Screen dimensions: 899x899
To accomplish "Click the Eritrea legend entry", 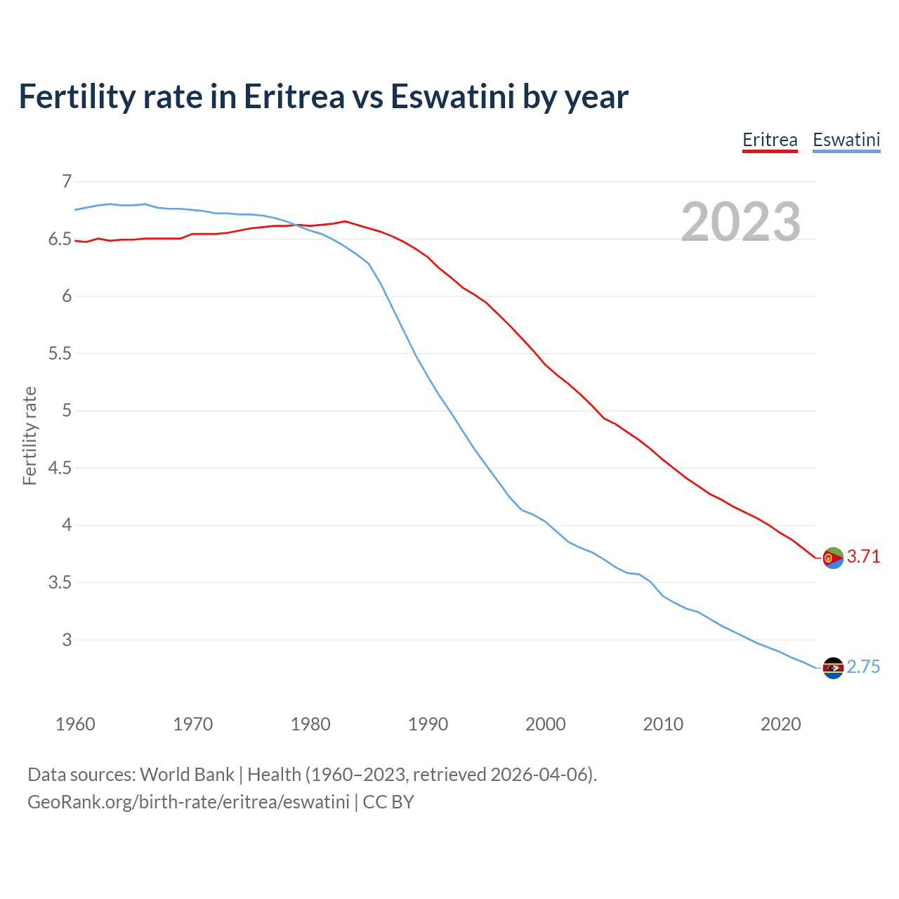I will click(770, 140).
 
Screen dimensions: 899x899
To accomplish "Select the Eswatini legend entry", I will click(846, 140).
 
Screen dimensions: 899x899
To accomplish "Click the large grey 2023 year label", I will click(740, 222).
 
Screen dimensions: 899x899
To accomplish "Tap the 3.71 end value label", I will click(863, 556).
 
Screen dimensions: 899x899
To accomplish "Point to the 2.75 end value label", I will click(863, 667).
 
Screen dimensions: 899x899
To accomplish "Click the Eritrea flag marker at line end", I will click(833, 558).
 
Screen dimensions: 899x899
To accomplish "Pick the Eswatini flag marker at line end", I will click(833, 668).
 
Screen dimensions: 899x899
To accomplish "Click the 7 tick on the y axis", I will click(67, 181).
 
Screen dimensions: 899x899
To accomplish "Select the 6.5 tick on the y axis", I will click(60, 239).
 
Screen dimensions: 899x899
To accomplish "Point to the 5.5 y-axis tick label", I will click(60, 353).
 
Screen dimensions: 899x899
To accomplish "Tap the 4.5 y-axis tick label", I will click(60, 468).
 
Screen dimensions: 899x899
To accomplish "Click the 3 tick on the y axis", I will click(67, 640).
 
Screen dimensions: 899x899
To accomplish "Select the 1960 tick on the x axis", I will click(75, 724).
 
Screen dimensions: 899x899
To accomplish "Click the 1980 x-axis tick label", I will click(310, 724).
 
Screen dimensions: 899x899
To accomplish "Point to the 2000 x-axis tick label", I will click(545, 724).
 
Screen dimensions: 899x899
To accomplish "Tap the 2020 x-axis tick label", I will click(780, 724).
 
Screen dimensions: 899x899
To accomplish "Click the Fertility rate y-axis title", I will click(29, 435).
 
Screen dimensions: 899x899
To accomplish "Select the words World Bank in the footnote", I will click(187, 775).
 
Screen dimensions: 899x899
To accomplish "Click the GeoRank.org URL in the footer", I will click(188, 802).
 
